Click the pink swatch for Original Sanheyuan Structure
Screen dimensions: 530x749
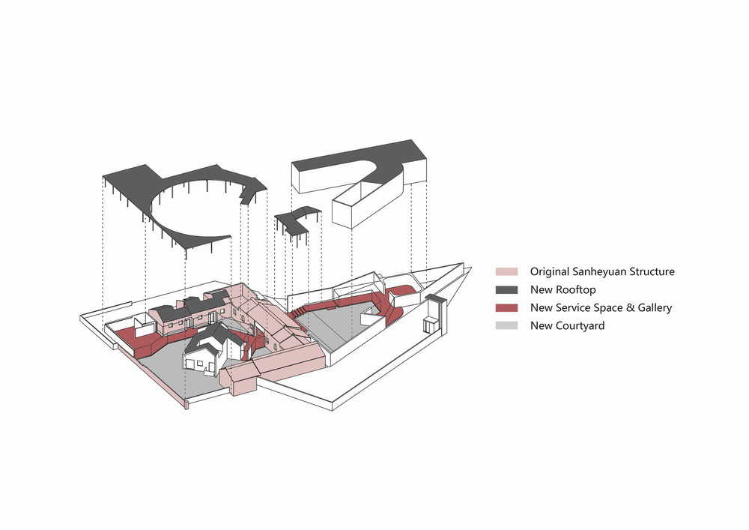507,271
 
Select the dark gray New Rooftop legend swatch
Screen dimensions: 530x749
507,289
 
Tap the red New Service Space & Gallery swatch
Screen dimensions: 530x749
507,307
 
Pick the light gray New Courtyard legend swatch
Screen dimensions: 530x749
507,325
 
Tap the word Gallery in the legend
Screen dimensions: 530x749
652,307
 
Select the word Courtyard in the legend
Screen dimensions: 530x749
580,325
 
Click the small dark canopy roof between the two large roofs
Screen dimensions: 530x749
296,218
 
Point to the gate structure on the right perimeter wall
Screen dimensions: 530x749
434,315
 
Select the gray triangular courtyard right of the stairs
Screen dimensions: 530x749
337,322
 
